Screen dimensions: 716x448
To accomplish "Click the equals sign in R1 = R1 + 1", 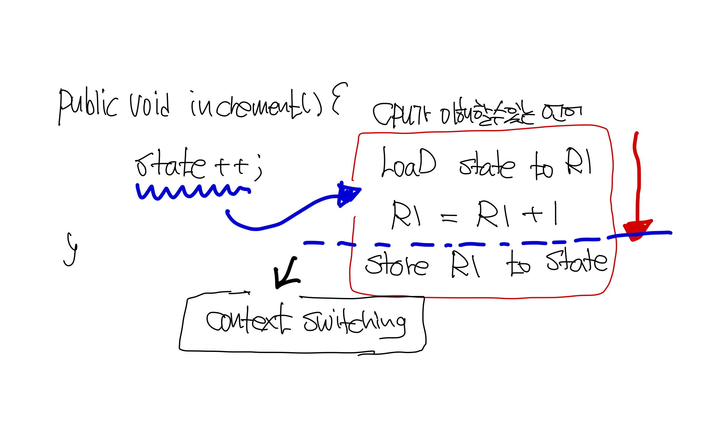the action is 449,218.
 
